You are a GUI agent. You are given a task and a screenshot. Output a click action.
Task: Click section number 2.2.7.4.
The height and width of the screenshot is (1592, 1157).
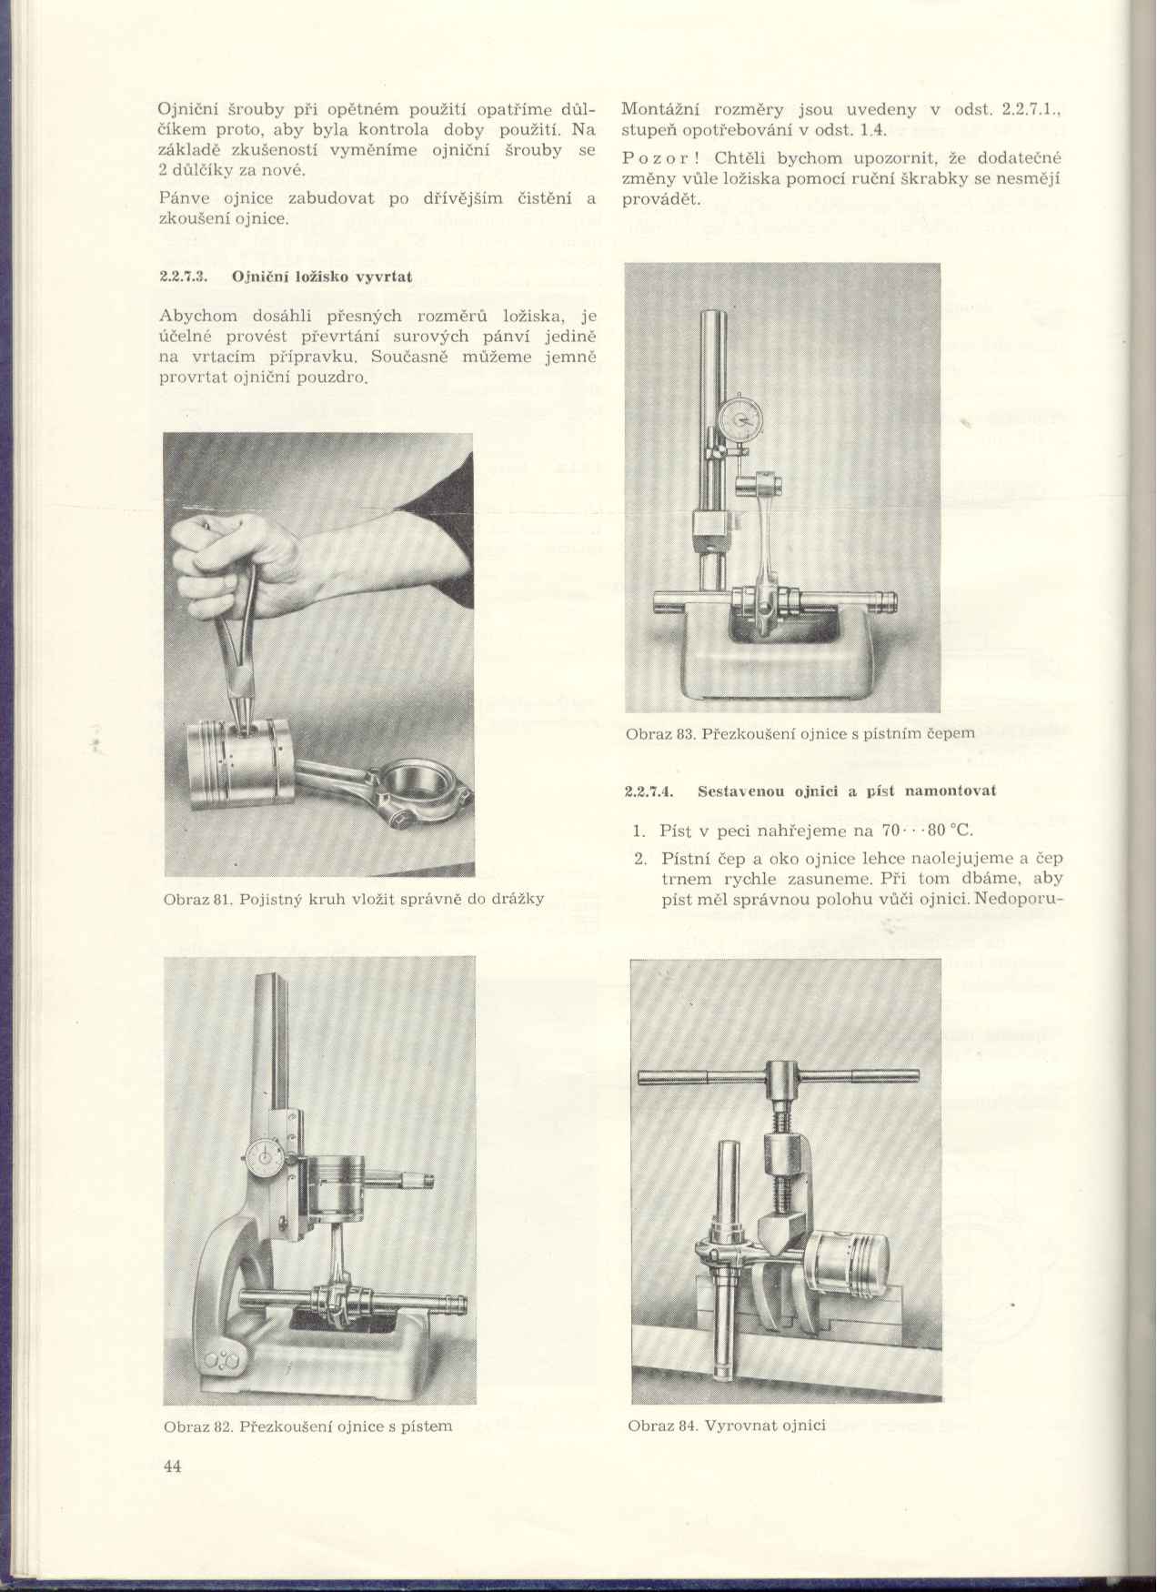click(649, 791)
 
